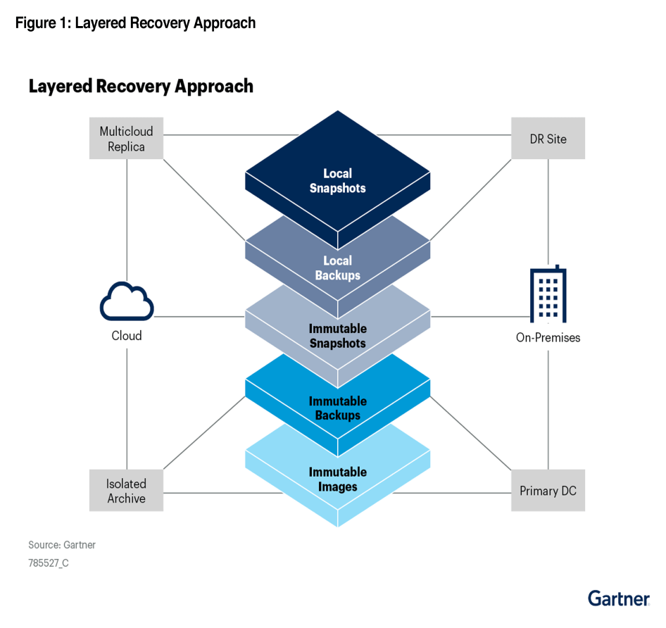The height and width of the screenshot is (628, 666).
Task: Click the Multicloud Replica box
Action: point(126,139)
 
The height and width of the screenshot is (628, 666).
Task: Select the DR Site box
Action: point(548,139)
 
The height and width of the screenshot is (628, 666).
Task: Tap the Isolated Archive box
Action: point(126,491)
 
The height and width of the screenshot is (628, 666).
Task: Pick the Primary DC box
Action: point(548,491)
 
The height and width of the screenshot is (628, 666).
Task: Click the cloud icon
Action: point(127,303)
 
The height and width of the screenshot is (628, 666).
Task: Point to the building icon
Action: point(548,294)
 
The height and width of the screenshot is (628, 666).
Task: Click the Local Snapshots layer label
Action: point(337,181)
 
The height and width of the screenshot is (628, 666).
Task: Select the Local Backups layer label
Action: point(337,268)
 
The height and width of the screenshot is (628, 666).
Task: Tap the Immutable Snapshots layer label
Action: point(337,336)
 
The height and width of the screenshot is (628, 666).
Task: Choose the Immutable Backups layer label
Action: point(337,408)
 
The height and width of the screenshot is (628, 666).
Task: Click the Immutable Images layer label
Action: point(337,479)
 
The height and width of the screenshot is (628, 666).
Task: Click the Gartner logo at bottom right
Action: point(618,598)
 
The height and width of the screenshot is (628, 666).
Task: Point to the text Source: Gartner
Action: point(62,545)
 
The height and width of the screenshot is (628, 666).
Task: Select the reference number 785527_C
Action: point(49,563)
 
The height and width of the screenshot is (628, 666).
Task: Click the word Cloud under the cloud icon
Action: point(127,336)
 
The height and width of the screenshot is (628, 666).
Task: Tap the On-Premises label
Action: point(548,338)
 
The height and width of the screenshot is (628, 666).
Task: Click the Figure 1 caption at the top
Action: point(135,23)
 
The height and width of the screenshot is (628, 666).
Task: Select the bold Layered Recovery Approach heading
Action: point(141,87)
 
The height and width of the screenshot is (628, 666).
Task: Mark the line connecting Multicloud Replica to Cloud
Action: point(127,218)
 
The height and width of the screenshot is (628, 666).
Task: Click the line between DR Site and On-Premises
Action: point(548,211)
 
